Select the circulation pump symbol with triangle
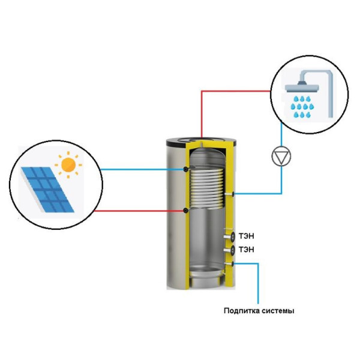click(x=281, y=157)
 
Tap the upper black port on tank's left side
click(x=188, y=169)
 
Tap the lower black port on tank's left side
click(x=188, y=211)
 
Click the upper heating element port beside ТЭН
click(x=229, y=235)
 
